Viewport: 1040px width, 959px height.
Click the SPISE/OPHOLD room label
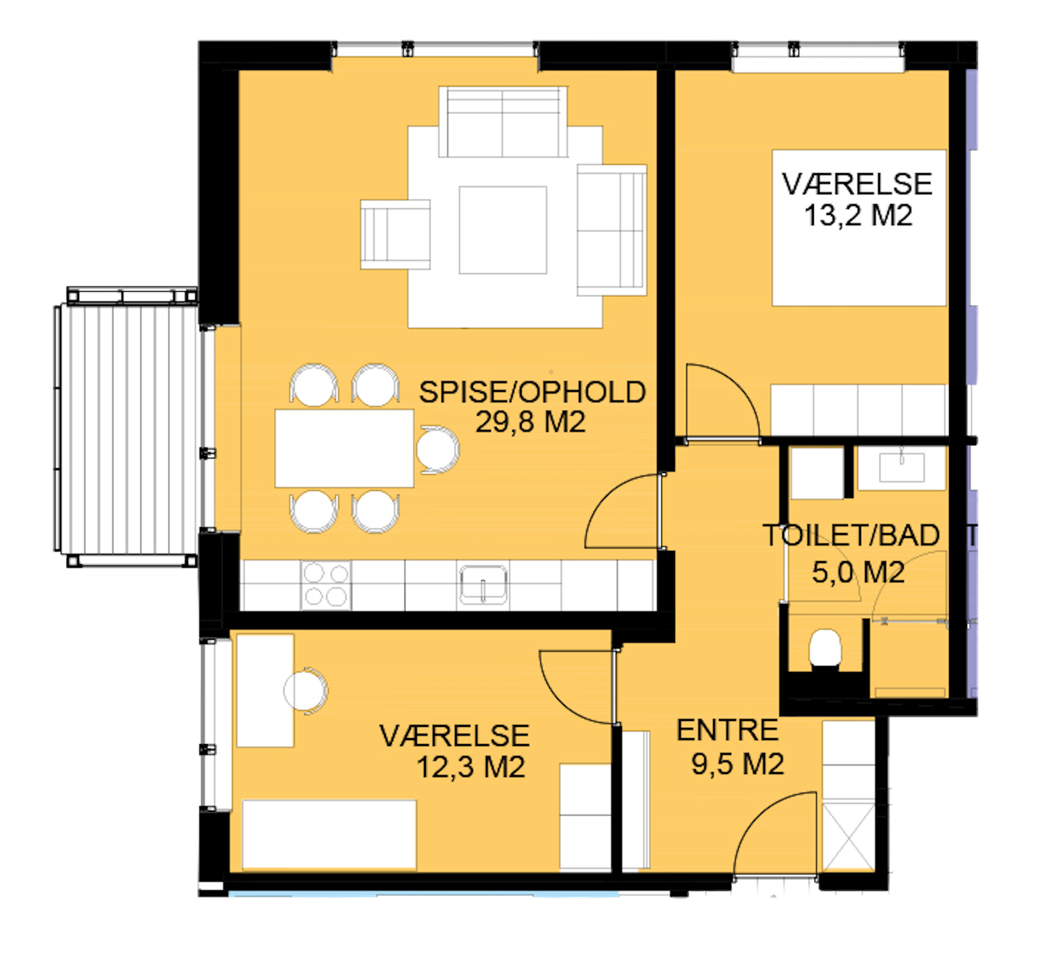[x=532, y=392]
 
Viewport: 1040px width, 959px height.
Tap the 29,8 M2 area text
[x=530, y=422]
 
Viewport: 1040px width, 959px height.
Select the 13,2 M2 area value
[x=858, y=215]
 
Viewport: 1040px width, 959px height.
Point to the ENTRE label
[x=727, y=731]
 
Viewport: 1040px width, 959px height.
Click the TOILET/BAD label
[x=851, y=535]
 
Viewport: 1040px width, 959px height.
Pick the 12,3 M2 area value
[x=471, y=767]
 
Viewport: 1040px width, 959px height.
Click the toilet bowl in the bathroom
[x=825, y=648]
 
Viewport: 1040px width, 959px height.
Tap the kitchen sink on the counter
[x=483, y=585]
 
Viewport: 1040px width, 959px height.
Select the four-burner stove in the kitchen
[x=326, y=586]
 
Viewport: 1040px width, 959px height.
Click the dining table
[x=344, y=449]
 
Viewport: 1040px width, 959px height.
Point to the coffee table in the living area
[x=503, y=230]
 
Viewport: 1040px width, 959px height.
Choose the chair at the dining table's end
[x=438, y=450]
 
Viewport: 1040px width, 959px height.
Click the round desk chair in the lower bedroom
[x=306, y=691]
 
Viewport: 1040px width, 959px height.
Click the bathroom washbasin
[x=901, y=467]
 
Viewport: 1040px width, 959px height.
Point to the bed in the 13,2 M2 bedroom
[x=859, y=228]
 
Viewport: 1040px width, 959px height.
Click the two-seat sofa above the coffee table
[x=503, y=122]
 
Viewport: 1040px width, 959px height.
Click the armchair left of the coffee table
[x=396, y=234]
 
